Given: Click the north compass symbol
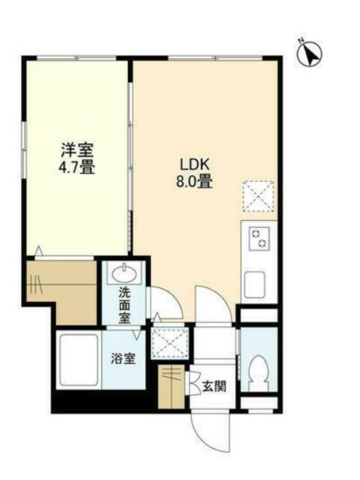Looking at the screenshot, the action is pos(310,53).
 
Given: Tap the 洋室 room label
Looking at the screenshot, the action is pos(77,150).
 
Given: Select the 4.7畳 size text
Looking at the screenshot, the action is pos(77,167).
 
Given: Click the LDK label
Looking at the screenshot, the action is pos(194,165).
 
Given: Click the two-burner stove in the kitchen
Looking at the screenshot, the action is pos(259,238).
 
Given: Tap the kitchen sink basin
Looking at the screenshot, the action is pos(254,284).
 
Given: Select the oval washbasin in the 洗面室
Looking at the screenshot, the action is pos(124,273).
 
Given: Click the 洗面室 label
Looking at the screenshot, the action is pos(124,305).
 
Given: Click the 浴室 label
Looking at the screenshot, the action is pos(123,358).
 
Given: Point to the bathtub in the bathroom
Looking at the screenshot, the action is pos(79,360).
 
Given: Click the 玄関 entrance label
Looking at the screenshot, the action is pos(214,387).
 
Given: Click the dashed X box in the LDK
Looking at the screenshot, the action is pos(258,196).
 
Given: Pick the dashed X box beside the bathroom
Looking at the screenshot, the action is pos(170,342).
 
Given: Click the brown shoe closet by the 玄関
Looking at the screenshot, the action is pos(171,386).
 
